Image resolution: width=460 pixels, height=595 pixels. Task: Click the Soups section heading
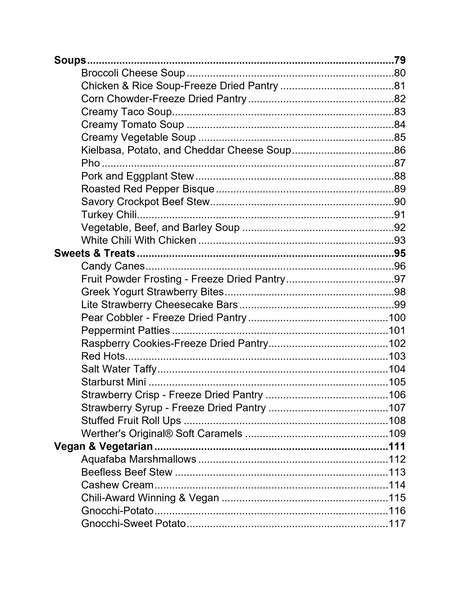(69, 60)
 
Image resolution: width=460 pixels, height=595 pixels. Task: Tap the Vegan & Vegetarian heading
(103, 446)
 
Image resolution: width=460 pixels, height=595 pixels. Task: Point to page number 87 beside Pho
(399, 163)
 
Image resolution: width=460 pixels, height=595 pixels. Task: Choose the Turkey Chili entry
(109, 215)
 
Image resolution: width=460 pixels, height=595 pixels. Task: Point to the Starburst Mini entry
(114, 382)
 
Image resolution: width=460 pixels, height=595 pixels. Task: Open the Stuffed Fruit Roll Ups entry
(130, 421)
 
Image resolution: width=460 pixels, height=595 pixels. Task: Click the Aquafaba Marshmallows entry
(139, 459)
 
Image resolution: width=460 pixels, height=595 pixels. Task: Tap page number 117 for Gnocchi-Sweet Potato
(397, 524)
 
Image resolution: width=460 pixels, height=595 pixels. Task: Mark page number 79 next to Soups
(399, 60)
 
